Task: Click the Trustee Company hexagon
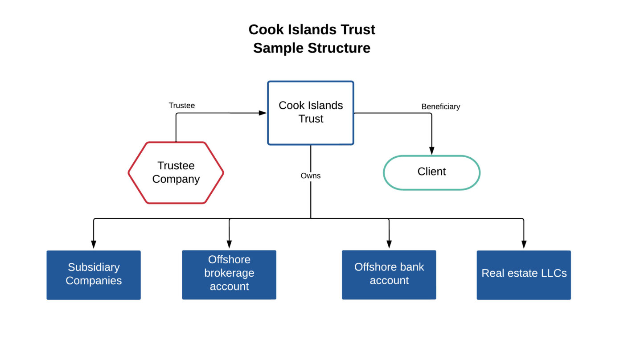pyautogui.click(x=176, y=172)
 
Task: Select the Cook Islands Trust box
pyautogui.click(x=311, y=113)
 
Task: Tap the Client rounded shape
pyautogui.click(x=431, y=172)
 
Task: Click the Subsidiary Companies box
pyautogui.click(x=94, y=274)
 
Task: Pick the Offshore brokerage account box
pyautogui.click(x=229, y=274)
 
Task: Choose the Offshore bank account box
pyautogui.click(x=389, y=274)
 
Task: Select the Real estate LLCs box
pyautogui.click(x=524, y=274)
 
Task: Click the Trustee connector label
pyautogui.click(x=182, y=106)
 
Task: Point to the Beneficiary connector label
pyautogui.click(x=440, y=106)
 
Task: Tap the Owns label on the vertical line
pyautogui.click(x=311, y=176)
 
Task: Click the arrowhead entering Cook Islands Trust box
pyautogui.click(x=263, y=113)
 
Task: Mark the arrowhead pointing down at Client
pyautogui.click(x=431, y=151)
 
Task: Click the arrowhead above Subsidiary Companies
pyautogui.click(x=94, y=245)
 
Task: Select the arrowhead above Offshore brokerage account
pyautogui.click(x=229, y=245)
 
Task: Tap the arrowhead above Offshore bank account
pyautogui.click(x=389, y=245)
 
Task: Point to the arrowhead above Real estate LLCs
pyautogui.click(x=524, y=245)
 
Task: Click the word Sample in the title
pyautogui.click(x=277, y=48)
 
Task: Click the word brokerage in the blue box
pyautogui.click(x=229, y=273)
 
